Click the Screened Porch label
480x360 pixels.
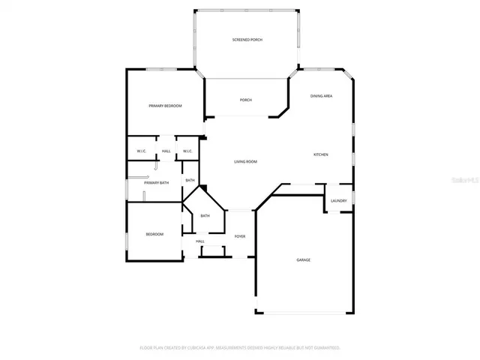tap(246, 40)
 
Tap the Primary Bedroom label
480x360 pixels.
tap(165, 106)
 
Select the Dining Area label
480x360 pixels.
tap(322, 97)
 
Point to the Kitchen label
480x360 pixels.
tap(320, 154)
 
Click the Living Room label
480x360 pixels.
tap(245, 162)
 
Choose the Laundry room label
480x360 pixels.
tap(338, 200)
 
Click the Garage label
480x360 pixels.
tap(303, 259)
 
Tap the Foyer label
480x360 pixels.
tap(240, 236)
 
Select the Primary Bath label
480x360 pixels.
tap(157, 183)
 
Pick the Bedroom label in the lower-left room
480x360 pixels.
tap(154, 234)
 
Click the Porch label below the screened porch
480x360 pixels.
tap(246, 100)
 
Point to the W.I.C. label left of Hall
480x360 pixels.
tap(141, 151)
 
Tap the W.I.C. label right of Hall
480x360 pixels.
tap(187, 151)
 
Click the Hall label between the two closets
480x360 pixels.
tap(166, 151)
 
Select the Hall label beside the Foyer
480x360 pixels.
tap(200, 241)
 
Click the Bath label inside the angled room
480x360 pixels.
tap(205, 216)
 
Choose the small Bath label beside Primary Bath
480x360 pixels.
tap(190, 180)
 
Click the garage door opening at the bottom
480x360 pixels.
tap(303, 313)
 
